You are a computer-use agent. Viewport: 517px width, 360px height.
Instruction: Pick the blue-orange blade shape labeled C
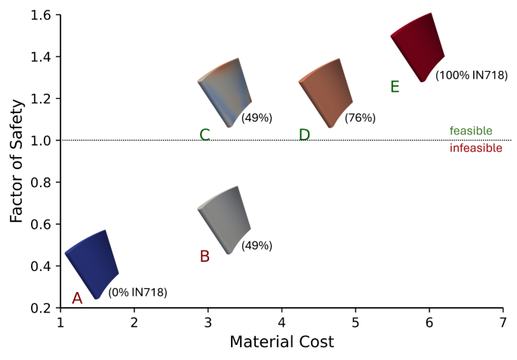point(224,92)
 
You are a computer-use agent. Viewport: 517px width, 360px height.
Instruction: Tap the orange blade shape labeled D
point(326,92)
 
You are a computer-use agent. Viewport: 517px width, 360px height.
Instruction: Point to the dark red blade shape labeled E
point(418,47)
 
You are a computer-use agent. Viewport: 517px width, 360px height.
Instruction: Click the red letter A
point(76,299)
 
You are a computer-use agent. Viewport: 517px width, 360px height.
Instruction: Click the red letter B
point(205,257)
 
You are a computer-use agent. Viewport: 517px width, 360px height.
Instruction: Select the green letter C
point(205,135)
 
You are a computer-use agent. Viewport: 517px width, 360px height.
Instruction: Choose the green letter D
point(304,135)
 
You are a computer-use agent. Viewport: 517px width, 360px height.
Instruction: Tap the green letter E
point(395,87)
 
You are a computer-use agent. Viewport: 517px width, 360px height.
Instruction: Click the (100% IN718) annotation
point(472,75)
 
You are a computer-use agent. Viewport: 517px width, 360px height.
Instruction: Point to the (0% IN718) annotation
point(137,292)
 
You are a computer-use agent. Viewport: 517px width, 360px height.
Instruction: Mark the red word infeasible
point(475,149)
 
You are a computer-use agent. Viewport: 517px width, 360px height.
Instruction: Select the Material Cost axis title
point(282,342)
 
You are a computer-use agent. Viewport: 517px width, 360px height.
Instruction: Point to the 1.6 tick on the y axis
point(42,15)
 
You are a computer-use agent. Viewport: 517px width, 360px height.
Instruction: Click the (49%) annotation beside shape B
point(257,245)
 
